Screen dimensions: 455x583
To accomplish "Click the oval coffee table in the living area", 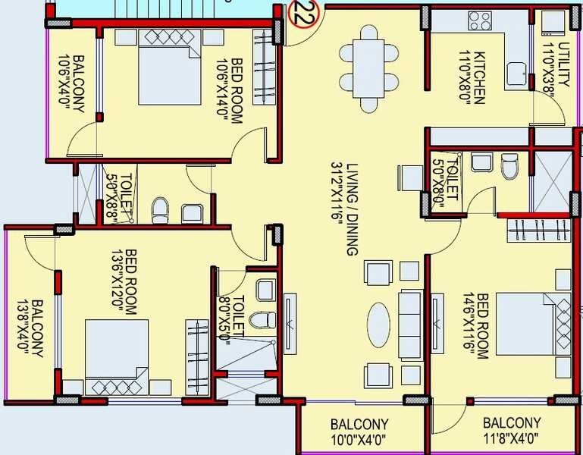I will click(x=379, y=325).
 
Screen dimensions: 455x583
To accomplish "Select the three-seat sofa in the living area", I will click(x=409, y=325).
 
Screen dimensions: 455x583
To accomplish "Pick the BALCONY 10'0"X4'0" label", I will click(x=359, y=430).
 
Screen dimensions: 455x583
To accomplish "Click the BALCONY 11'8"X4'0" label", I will click(x=512, y=430).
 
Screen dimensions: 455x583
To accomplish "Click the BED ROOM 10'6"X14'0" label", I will click(x=230, y=91).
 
